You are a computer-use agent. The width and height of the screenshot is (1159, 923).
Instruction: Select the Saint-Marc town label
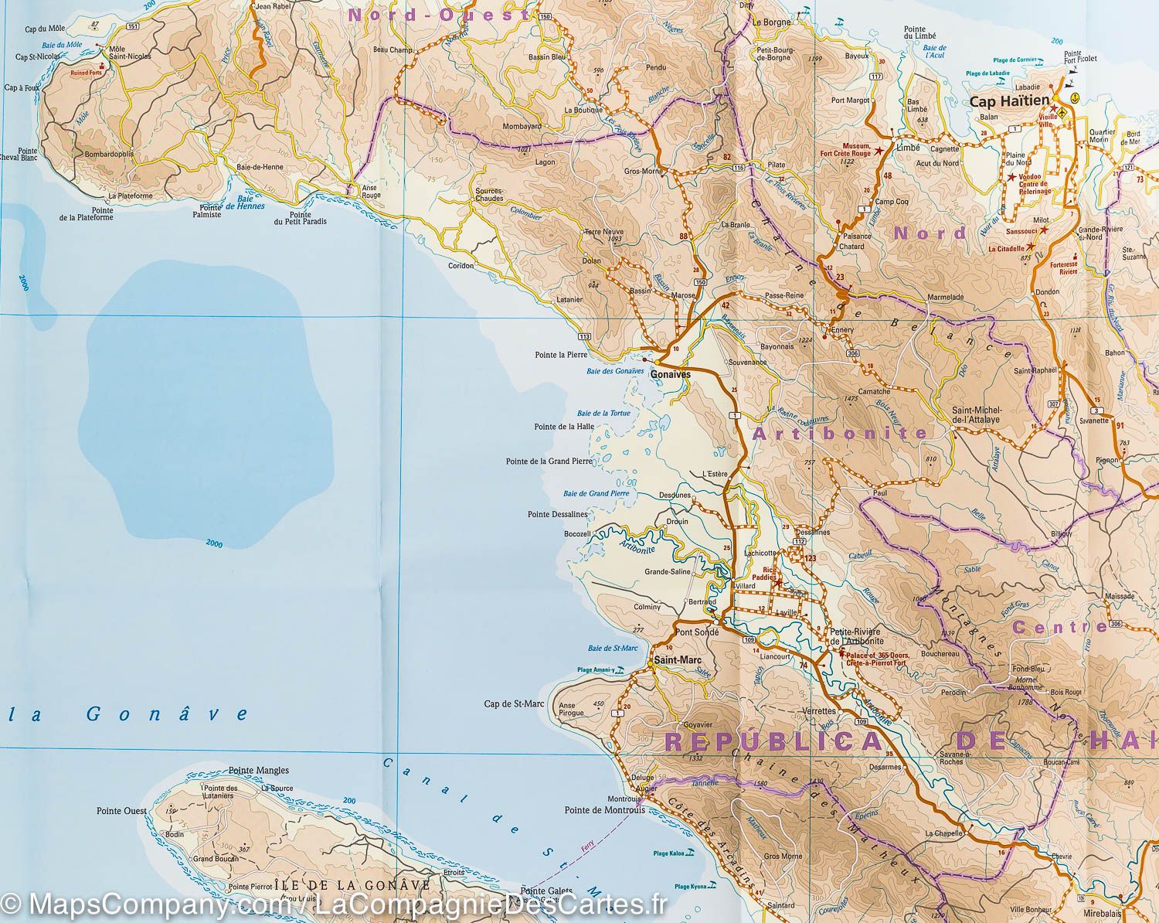pos(671,660)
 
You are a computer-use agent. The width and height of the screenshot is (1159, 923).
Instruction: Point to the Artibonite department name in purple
pos(839,434)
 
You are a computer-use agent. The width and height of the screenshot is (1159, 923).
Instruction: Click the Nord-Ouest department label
pos(438,14)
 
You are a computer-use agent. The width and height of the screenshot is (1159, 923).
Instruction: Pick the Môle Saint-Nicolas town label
pos(130,53)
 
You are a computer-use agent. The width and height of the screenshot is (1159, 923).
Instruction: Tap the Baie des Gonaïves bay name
pos(615,371)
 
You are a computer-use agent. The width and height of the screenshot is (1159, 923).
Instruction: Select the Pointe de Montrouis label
pos(600,810)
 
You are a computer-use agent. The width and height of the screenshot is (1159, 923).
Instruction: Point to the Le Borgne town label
pos(772,22)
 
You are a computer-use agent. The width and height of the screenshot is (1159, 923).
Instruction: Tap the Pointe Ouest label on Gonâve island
pos(121,811)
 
